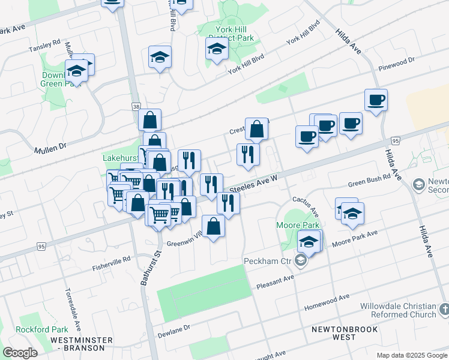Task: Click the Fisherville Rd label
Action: click(x=111, y=259)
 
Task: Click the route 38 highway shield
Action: click(x=136, y=106)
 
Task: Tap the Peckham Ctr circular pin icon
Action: click(x=301, y=261)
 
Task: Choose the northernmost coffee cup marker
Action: click(x=376, y=100)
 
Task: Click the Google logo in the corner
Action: click(x=21, y=353)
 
